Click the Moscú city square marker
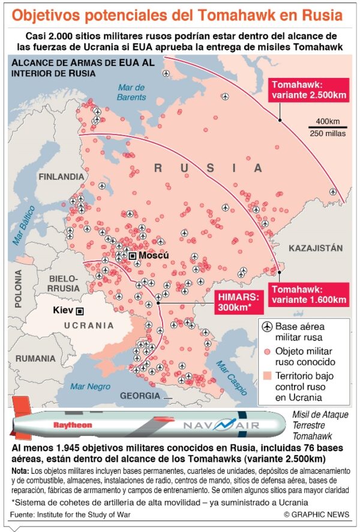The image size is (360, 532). (x=132, y=256)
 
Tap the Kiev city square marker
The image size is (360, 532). (x=79, y=311)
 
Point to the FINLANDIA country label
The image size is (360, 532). (x=61, y=177)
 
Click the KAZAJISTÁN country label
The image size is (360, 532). (x=316, y=248)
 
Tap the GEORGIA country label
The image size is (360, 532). (x=140, y=396)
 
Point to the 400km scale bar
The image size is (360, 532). (x=327, y=127)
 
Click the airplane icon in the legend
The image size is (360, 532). (x=266, y=327)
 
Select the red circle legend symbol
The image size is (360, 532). (x=266, y=351)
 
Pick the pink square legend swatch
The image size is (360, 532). (x=266, y=375)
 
